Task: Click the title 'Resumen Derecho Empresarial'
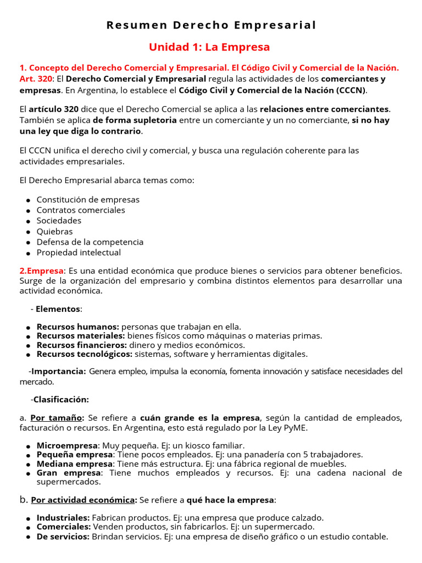(211, 25)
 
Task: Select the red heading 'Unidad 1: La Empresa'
(209, 47)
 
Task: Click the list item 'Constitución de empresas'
(88, 200)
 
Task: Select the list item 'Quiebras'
(54, 231)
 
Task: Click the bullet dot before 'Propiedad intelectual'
(28, 253)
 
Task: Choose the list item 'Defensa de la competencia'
(90, 242)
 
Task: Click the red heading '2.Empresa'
(42, 271)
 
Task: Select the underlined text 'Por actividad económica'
(83, 500)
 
